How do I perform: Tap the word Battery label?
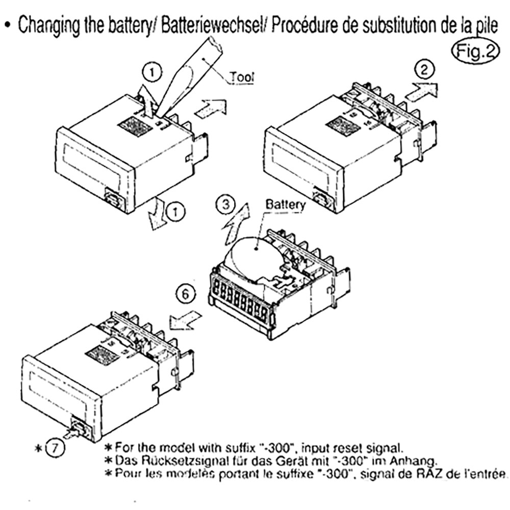pyautogui.click(x=285, y=205)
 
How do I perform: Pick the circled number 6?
pyautogui.click(x=187, y=294)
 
